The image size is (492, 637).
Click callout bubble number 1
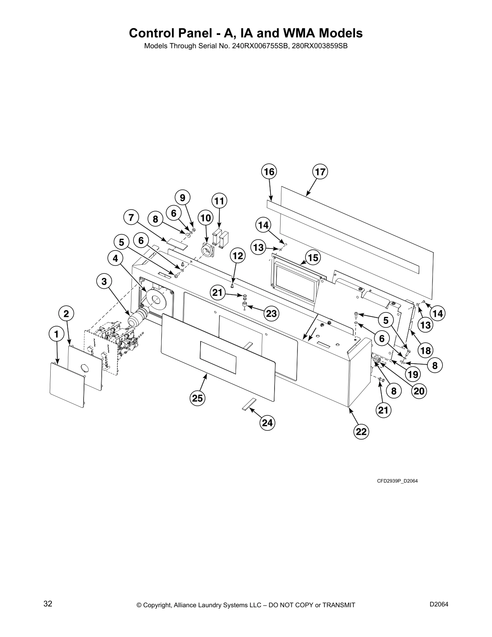coord(56,333)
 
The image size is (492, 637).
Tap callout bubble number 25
coord(197,399)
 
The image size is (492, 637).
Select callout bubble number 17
coord(320,172)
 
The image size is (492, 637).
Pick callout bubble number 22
coord(361,432)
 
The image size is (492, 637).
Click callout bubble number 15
coord(313,257)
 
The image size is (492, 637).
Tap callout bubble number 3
coord(104,282)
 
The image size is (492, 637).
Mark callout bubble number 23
coord(272,313)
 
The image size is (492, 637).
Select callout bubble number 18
coord(425,350)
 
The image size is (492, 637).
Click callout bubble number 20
coord(419,391)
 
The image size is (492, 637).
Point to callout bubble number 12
coord(238,255)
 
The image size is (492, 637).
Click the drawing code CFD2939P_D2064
coord(397,481)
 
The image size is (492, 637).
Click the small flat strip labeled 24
coord(248,404)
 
